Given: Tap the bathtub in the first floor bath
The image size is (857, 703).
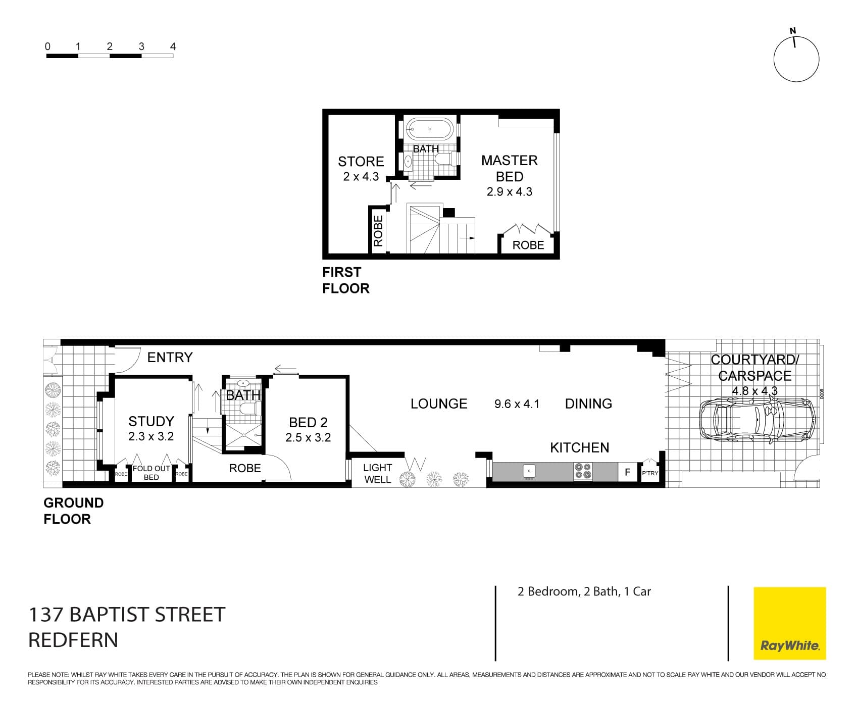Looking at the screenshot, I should click(x=429, y=129).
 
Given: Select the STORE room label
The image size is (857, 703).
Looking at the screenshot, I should click(x=361, y=162).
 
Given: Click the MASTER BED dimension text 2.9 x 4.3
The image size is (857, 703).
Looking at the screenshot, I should click(x=509, y=192).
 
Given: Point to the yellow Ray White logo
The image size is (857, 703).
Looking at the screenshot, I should click(x=789, y=623).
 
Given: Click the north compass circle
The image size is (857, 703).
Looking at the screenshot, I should click(x=796, y=60).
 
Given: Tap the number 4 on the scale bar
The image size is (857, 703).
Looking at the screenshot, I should click(x=173, y=46).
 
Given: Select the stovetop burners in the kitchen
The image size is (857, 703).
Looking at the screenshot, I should click(x=582, y=471).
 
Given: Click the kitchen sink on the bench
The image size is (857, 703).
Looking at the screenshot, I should click(x=529, y=471).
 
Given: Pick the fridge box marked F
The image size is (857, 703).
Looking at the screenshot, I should click(x=628, y=472).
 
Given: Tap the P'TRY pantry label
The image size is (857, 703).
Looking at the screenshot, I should click(x=650, y=473).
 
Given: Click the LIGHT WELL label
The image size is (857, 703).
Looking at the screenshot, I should click(x=377, y=474).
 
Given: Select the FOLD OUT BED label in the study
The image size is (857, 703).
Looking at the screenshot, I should click(x=151, y=473).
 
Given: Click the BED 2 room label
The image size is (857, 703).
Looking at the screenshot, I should click(x=308, y=422).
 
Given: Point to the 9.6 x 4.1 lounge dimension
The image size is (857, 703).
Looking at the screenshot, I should click(x=517, y=404).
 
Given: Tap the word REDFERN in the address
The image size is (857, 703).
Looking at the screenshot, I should click(x=73, y=640).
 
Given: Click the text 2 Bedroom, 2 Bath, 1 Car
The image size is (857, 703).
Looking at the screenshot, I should click(x=584, y=591).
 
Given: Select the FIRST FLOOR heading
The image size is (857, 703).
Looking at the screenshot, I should click(x=345, y=280).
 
